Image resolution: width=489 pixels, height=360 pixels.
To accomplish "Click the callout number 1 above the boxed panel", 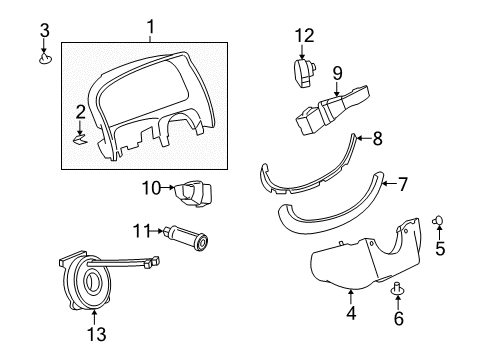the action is coord(151,27).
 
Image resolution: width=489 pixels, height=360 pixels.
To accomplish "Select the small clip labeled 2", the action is coord(79,139).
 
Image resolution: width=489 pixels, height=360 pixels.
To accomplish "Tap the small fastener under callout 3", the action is coord(45,59).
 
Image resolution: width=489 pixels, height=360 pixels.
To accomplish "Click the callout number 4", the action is coord(351,313).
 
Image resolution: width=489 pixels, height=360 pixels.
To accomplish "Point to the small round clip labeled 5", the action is coord(438,220).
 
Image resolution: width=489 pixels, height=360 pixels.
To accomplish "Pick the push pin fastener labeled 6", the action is coord(397,289).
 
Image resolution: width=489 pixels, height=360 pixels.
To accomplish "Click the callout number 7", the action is coord(402,184).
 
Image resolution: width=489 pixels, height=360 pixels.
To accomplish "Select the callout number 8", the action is coord(377,138).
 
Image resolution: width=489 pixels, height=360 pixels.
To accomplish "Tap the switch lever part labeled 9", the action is coord(332,109).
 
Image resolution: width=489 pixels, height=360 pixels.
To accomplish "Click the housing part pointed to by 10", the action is coord(193,193).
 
